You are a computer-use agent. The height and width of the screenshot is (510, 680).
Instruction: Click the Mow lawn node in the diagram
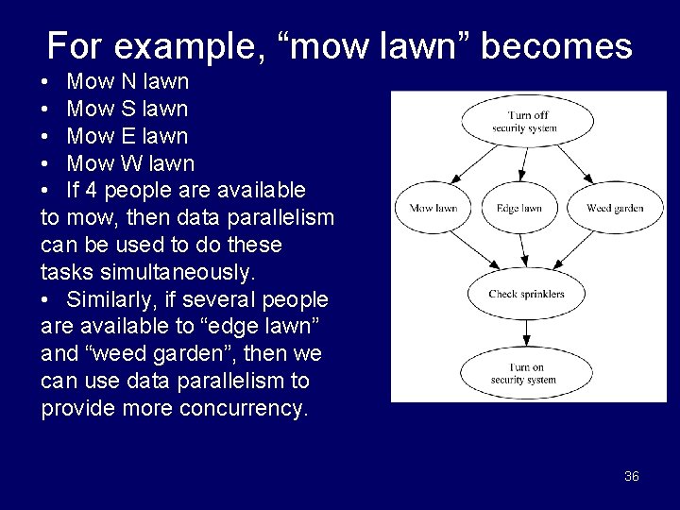433,208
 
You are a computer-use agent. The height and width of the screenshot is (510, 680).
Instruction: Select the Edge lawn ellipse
518,208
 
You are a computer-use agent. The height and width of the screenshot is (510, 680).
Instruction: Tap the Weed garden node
615,208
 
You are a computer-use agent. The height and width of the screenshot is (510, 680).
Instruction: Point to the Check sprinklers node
526,294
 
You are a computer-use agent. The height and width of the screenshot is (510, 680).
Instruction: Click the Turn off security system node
526,121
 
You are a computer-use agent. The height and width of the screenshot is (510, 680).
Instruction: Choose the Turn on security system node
526,373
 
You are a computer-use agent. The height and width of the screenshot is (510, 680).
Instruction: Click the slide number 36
632,476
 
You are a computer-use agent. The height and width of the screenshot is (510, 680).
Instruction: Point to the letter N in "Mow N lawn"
125,82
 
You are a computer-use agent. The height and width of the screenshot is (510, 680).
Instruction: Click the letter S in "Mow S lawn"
125,110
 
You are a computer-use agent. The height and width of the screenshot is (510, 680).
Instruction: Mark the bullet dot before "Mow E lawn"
47,137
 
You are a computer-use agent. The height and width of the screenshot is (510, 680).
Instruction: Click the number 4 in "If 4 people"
91,191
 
